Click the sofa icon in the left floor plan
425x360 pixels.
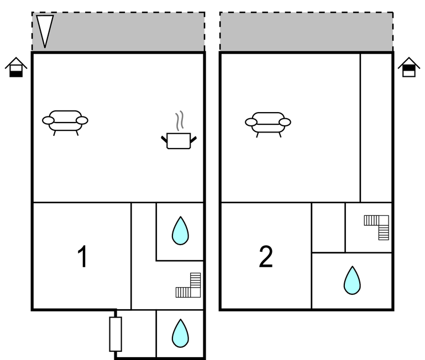[65, 123]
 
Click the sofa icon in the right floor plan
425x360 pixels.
[268, 125]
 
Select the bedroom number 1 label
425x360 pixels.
[82, 257]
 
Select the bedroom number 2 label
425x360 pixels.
[266, 257]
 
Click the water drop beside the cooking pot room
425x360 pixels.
[180, 230]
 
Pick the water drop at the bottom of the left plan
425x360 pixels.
[180, 333]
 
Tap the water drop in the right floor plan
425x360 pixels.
[352, 280]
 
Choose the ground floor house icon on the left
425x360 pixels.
[16, 67]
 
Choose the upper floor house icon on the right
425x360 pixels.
[409, 67]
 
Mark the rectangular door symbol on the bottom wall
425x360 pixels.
[116, 334]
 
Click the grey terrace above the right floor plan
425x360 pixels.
[306, 31]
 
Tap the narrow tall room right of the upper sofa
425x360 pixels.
[376, 128]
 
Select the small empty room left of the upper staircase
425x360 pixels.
[328, 227]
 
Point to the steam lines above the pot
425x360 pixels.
[180, 121]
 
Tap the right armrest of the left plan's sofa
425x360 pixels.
[82, 120]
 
